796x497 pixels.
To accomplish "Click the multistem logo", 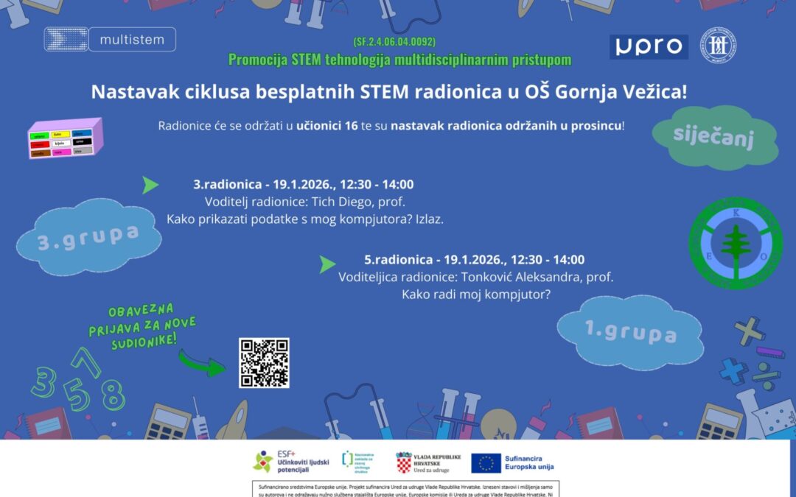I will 110,39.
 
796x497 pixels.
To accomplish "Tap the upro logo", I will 649,46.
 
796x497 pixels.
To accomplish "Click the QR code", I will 264,362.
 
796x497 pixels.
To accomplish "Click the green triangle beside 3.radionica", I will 150,185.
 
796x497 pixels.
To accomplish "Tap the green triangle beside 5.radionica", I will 327,264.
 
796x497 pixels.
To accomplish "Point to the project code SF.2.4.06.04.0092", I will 399,42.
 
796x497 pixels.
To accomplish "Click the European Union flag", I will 486,462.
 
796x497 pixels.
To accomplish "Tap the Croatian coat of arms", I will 403,462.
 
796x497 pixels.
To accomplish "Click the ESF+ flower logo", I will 262,462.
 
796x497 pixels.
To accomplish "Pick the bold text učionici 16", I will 327,126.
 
